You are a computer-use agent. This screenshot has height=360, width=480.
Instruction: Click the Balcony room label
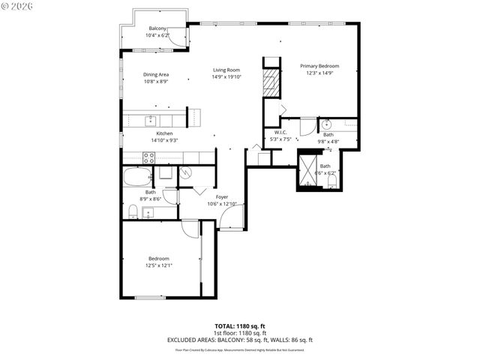tap(157, 28)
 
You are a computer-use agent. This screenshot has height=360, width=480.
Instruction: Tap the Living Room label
tap(226, 70)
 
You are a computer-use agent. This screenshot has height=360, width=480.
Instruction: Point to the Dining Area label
tap(156, 74)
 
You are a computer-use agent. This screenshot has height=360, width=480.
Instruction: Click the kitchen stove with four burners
tap(148, 157)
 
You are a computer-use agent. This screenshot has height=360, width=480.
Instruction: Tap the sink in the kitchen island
tap(151, 119)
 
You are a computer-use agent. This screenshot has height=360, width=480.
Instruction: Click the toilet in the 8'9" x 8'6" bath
tap(131, 212)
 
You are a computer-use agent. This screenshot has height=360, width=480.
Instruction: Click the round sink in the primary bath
tap(327, 124)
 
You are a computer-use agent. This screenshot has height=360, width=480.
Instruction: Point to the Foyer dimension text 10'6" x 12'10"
tap(222, 203)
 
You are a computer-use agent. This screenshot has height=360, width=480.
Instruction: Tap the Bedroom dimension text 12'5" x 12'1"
tap(158, 265)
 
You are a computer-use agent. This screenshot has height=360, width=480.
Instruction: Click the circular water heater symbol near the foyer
tap(186, 172)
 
